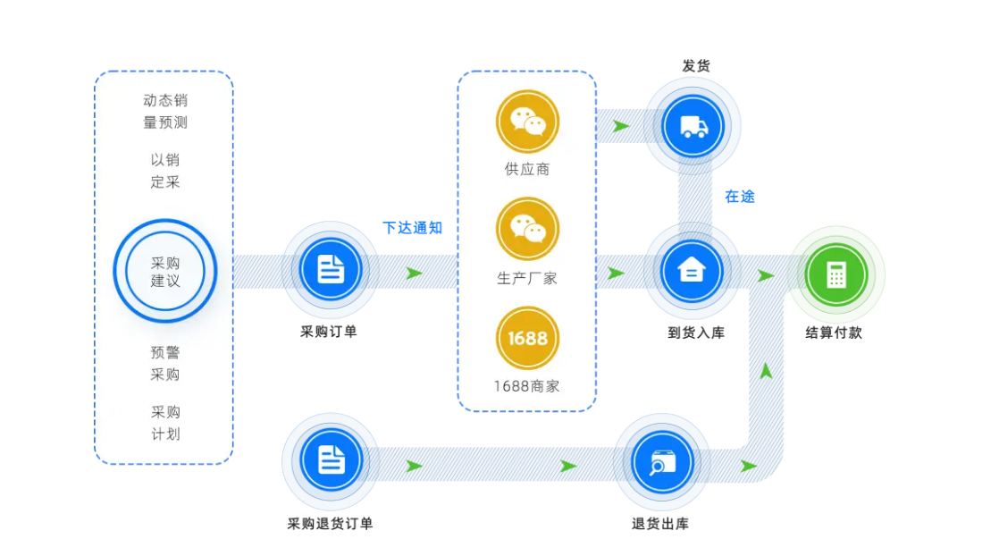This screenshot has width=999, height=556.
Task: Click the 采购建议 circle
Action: (x=165, y=270)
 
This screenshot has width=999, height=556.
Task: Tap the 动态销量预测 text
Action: (x=165, y=112)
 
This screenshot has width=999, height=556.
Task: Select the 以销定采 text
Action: (x=165, y=171)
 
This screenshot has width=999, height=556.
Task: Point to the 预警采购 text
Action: (x=165, y=363)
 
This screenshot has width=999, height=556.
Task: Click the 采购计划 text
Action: (x=165, y=423)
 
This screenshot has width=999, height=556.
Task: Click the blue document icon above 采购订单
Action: (x=331, y=268)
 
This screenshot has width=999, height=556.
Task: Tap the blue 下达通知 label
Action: (x=412, y=227)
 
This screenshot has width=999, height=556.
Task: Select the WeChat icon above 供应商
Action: (x=527, y=122)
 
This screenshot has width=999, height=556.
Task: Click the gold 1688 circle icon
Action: (x=527, y=338)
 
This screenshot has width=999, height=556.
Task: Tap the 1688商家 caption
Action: (x=527, y=386)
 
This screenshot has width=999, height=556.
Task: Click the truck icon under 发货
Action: (x=693, y=126)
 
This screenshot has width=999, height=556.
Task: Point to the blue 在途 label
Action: (x=740, y=197)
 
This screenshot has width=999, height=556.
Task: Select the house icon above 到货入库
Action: (x=692, y=269)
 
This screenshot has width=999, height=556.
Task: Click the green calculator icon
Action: (x=835, y=274)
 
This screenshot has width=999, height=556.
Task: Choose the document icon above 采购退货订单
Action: (x=331, y=459)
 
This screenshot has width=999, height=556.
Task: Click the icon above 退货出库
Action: (x=661, y=461)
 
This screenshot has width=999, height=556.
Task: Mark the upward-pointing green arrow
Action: (x=766, y=370)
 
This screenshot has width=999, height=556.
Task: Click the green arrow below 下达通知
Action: (x=414, y=273)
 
